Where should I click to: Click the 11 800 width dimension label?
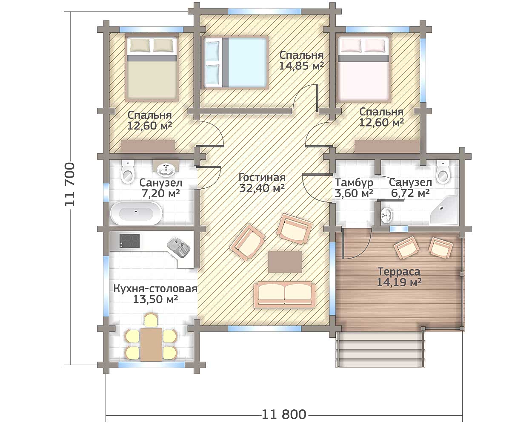(284, 414)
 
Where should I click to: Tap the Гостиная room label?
(262, 178)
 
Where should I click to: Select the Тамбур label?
(354, 183)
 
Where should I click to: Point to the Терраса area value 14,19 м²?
(399, 282)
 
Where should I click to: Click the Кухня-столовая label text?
(155, 289)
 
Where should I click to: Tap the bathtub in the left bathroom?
(136, 213)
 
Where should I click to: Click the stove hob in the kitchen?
(129, 241)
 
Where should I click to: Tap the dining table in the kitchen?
(151, 344)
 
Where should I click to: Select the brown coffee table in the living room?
(285, 262)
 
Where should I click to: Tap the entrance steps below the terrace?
(380, 349)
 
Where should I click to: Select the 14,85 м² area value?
(302, 66)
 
